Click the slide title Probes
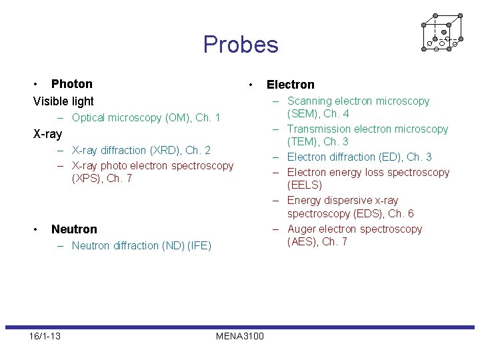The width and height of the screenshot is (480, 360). tap(241, 45)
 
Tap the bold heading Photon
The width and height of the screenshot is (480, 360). tap(72, 84)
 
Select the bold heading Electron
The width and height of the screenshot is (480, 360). tap(290, 85)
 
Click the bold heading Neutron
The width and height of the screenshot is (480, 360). tap(74, 229)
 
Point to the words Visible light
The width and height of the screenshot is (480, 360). tap(63, 101)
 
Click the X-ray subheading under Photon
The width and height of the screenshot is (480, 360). tap(47, 134)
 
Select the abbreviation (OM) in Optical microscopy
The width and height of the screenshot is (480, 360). tap(161, 118)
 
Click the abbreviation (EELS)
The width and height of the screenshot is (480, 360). tap(305, 185)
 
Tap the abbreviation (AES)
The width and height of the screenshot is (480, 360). tap(303, 241)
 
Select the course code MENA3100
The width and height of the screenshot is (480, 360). tap(240, 336)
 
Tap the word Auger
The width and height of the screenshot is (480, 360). tap(301, 229)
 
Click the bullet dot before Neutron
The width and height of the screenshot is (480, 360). tap(36, 229)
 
